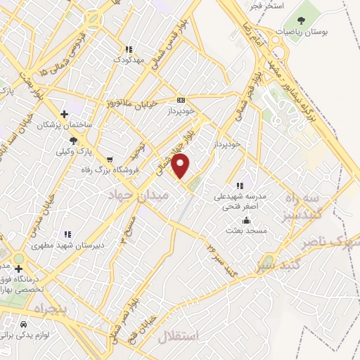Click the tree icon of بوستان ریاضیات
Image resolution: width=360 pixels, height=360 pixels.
click(x=302, y=20)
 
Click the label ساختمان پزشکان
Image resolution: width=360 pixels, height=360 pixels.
click(x=64, y=124)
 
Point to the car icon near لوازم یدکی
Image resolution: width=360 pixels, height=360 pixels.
click(x=25, y=325)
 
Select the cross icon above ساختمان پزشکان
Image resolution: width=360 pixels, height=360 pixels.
click(x=64, y=113)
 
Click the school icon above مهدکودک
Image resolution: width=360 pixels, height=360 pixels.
click(x=129, y=50)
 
